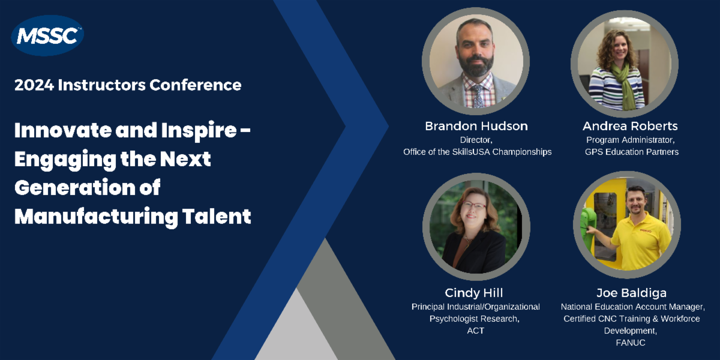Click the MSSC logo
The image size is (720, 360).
pos(47,35)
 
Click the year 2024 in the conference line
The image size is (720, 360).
pos(34,85)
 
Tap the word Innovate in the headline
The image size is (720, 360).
pos(62,130)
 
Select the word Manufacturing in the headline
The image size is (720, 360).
pos(96,217)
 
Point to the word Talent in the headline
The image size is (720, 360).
pos(217,216)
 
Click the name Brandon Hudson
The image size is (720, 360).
pos(476,126)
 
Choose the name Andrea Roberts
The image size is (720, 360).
pos(630,126)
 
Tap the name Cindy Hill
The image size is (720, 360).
pos(474,293)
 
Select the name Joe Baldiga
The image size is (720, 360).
pos(631,293)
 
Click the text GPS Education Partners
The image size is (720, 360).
pos(632,152)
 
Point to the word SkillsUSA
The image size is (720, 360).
pos(471,152)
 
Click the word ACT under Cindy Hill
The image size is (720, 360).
pos(475,331)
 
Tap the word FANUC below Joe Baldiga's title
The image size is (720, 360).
pos(631,343)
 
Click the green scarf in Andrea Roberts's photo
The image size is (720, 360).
pos(626,85)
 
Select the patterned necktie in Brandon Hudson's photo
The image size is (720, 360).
pos(478,96)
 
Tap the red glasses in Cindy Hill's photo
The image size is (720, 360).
pos(474,205)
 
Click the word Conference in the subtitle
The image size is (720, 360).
pos(196,85)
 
